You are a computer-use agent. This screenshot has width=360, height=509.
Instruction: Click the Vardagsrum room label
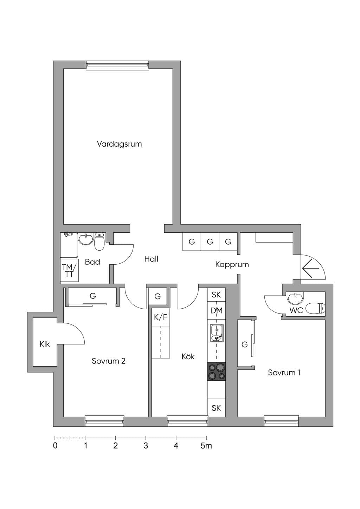point(119,144)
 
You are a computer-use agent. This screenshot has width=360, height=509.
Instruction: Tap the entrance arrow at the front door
point(311,268)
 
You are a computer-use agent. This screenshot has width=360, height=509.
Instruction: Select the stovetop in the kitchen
point(216,372)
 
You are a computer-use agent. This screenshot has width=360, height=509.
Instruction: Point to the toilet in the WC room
point(315,309)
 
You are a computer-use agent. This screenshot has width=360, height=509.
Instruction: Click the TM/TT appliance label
point(69,271)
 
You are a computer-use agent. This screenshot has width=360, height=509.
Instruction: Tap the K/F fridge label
point(161,317)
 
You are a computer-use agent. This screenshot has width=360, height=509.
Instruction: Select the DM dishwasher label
point(216,310)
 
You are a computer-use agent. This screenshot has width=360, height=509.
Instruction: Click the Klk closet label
point(45,344)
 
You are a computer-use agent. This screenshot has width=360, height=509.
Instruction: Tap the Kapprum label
point(232,265)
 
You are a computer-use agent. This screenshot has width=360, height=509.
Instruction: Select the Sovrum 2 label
point(108,361)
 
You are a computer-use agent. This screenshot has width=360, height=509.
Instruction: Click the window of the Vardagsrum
point(117,65)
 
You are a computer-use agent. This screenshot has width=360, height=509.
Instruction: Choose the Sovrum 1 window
point(281,421)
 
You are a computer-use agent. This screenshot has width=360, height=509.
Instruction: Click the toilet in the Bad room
point(99,241)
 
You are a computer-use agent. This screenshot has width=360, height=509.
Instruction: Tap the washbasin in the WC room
point(295,298)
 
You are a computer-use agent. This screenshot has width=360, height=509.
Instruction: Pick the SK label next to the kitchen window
point(216,408)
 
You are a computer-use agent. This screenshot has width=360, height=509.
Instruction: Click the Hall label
point(151,259)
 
